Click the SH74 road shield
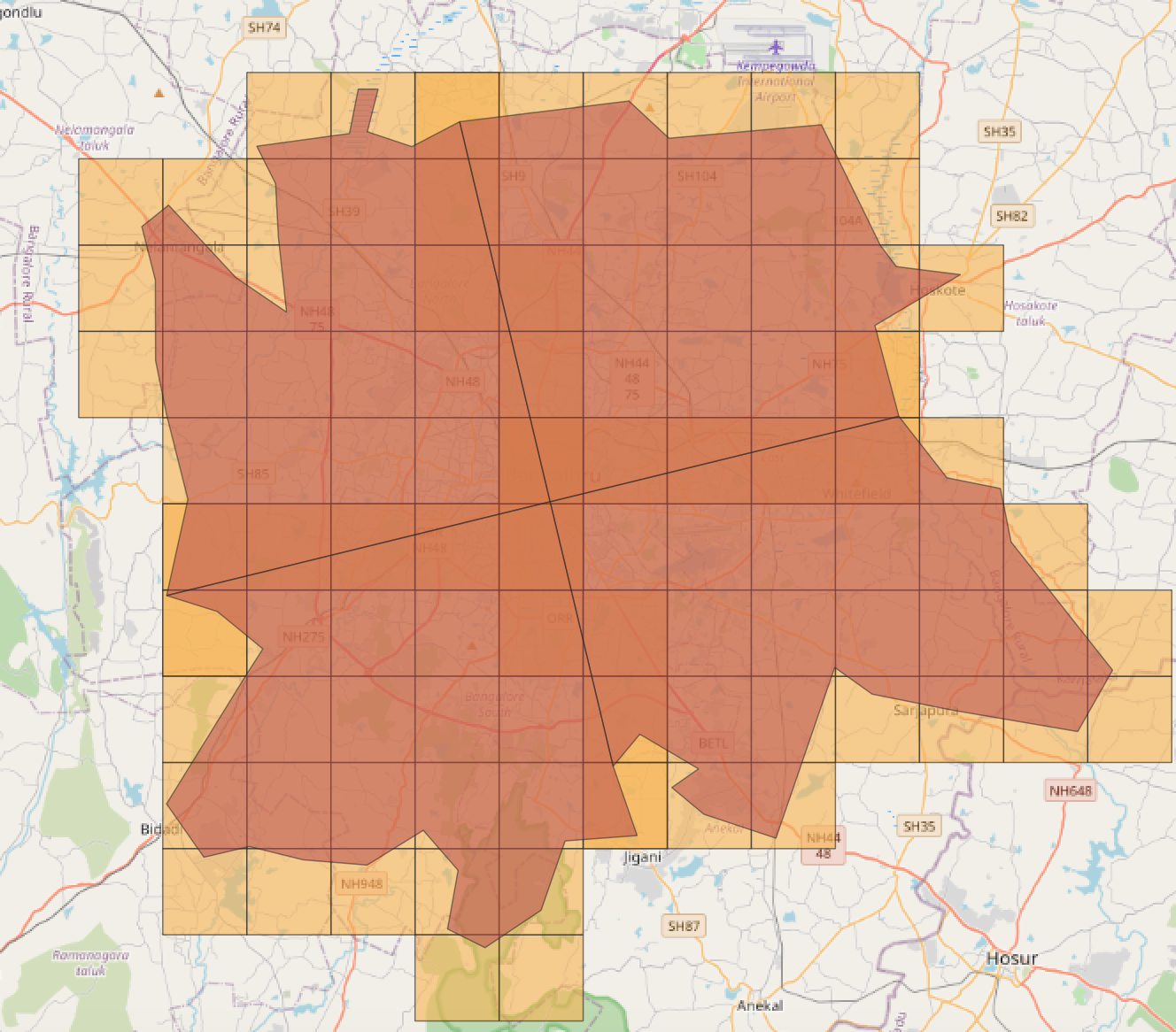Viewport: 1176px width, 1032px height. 264,27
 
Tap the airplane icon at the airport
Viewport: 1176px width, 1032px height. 777,46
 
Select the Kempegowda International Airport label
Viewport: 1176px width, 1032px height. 776,81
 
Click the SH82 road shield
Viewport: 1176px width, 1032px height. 1011,216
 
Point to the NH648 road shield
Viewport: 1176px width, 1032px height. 1071,790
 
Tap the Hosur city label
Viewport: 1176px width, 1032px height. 1011,959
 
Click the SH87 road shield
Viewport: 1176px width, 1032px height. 684,927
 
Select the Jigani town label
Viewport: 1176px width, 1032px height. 642,857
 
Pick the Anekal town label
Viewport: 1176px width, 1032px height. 760,1005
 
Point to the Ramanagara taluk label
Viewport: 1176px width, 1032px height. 90,963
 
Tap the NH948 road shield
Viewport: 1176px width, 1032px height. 362,883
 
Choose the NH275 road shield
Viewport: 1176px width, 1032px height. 304,636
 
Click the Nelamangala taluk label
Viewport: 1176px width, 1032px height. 95,137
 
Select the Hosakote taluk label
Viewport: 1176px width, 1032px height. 1030,312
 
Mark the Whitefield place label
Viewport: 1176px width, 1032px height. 856,493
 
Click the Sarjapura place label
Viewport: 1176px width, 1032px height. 925,710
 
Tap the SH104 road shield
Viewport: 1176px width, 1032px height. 696,176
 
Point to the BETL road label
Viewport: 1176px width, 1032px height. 712,743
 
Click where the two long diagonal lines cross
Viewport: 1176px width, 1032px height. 551,502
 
